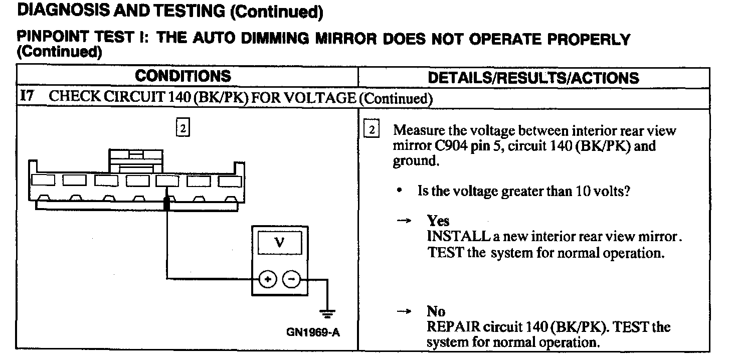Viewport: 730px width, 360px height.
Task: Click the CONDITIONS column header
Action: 184,76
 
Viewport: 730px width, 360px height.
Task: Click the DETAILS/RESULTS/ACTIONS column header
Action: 534,78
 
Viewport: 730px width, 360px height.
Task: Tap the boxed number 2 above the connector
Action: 183,128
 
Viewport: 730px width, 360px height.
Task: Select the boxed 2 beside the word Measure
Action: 372,130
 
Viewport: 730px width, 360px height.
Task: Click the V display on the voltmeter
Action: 280,244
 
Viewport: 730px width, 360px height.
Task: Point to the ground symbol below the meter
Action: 327,314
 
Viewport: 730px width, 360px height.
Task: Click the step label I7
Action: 26,97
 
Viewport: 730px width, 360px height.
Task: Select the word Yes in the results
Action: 438,221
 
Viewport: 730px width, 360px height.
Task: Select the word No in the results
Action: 436,311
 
